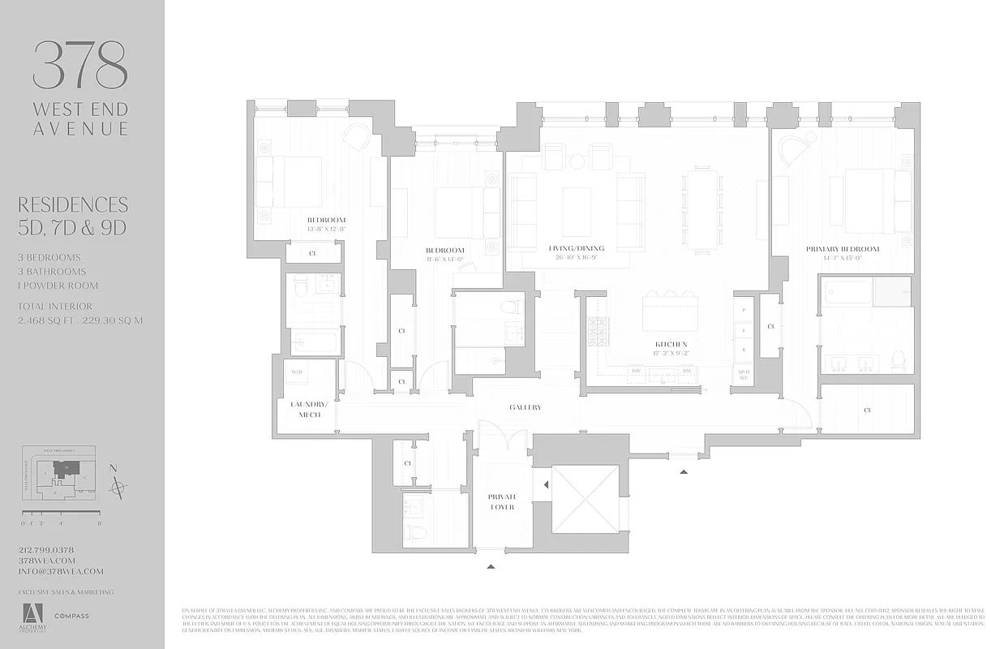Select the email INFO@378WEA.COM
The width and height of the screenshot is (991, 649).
tap(61, 571)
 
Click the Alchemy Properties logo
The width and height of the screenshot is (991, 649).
tap(33, 618)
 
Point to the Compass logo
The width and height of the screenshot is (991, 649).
tap(71, 616)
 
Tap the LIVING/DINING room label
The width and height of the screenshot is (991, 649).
tap(577, 248)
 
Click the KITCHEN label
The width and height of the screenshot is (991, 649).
tap(672, 344)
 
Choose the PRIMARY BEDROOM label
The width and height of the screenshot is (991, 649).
tap(843, 249)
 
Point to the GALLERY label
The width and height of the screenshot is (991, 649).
tap(525, 407)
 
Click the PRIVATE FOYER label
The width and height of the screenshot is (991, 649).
tap(502, 501)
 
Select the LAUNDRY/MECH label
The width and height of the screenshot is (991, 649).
tap(310, 409)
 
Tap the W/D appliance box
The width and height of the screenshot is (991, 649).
tap(298, 372)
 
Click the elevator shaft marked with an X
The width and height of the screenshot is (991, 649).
tap(585, 498)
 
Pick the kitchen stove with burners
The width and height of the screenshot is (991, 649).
tap(598, 331)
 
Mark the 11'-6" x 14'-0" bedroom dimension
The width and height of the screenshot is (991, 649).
tap(444, 260)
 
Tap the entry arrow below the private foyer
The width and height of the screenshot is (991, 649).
tap(491, 567)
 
